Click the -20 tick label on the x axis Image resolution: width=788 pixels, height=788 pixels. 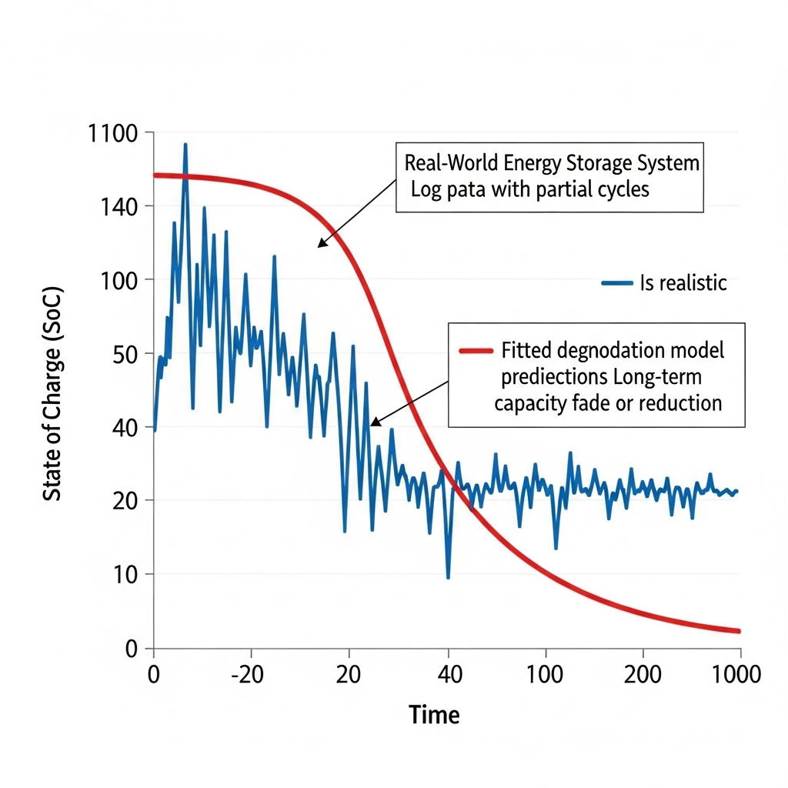coord(248,675)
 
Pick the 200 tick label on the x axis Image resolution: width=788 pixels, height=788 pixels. coord(643,675)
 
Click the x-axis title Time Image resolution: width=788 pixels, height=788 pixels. coord(434,715)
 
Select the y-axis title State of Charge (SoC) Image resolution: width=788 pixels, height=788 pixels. coord(52,394)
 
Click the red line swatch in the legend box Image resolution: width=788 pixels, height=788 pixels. coord(475,351)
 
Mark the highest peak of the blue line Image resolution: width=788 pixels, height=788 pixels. coord(185,144)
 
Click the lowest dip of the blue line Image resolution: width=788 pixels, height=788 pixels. coord(448,578)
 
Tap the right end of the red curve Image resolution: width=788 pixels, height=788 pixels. coord(739,631)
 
